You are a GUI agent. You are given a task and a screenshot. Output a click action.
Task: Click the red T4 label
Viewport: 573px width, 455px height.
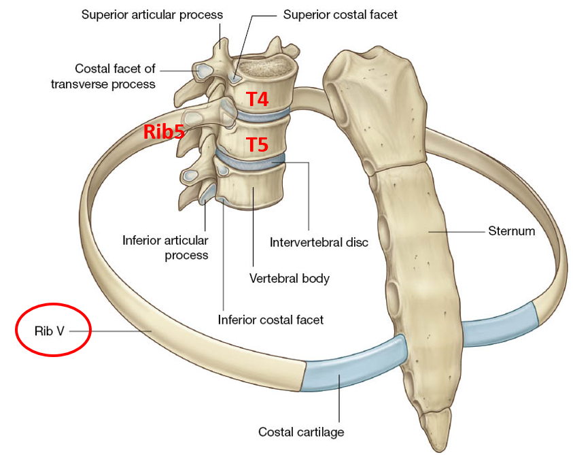pyautogui.click(x=257, y=99)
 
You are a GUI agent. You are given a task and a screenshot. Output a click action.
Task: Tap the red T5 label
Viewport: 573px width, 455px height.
pyautogui.click(x=257, y=144)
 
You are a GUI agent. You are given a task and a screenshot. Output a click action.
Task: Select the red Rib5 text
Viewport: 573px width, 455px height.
pyautogui.click(x=164, y=131)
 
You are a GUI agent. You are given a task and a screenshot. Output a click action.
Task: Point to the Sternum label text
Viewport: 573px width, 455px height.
pyautogui.click(x=511, y=231)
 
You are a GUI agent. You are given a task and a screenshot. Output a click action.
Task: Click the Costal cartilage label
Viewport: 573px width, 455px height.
pyautogui.click(x=301, y=431)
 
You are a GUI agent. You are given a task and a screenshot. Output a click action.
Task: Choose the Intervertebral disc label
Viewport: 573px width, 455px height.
pyautogui.click(x=319, y=242)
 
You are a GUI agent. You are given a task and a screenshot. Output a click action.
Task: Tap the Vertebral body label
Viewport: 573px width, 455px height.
pyautogui.click(x=289, y=278)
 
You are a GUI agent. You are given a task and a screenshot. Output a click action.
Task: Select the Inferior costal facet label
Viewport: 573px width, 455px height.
pyautogui.click(x=271, y=319)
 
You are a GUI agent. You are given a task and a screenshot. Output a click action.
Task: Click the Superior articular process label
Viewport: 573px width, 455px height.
pyautogui.click(x=152, y=14)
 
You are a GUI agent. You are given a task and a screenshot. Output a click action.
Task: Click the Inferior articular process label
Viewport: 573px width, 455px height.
pyautogui.click(x=165, y=248)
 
